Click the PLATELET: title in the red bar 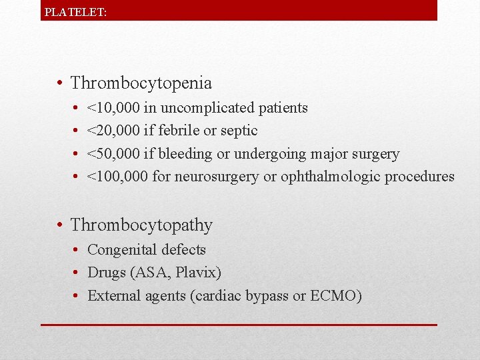tap(75, 12)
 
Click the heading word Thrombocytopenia tap(141, 83)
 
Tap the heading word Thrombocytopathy tap(141, 225)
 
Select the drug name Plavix tap(196, 273)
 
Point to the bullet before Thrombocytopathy tap(61, 225)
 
